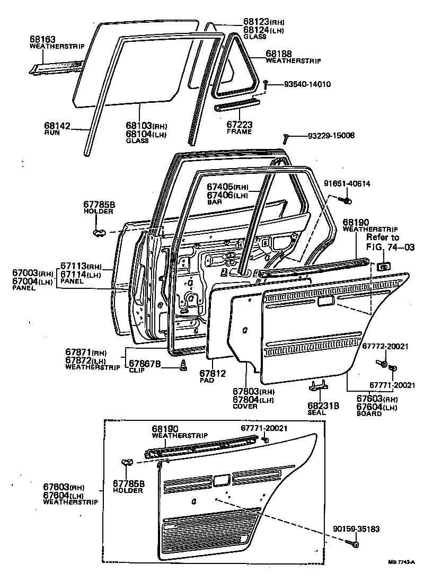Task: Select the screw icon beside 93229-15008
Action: [x=286, y=138]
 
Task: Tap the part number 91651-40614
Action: [x=347, y=184]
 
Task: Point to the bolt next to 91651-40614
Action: [x=348, y=200]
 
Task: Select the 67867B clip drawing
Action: [x=184, y=366]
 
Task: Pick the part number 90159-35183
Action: [x=357, y=528]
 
